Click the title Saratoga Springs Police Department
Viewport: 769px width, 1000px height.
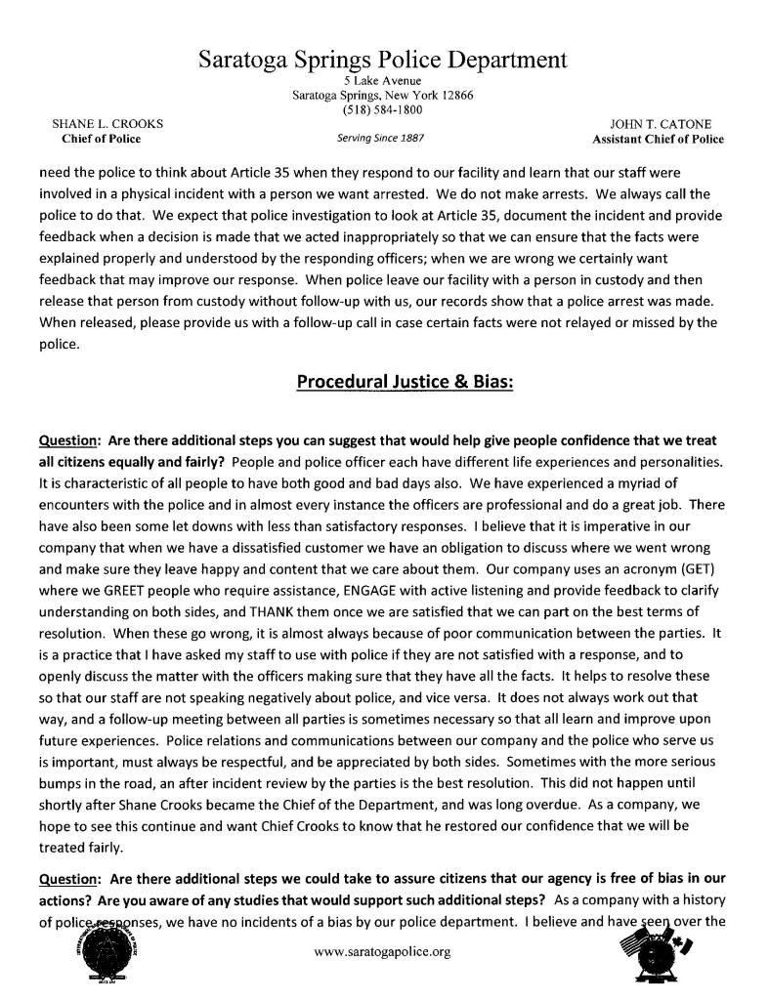(383, 59)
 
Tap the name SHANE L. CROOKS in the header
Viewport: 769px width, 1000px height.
(107, 125)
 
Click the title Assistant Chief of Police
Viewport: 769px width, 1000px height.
(659, 140)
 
